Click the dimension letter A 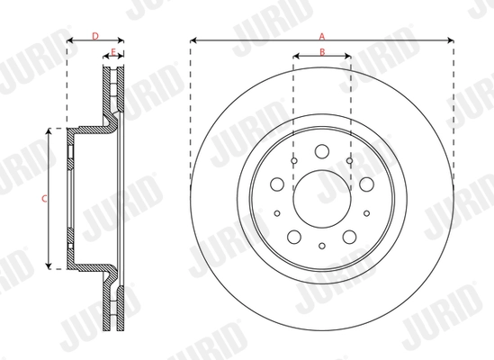pos(321,35)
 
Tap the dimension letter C pos(45,198)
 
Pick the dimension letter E pos(112,52)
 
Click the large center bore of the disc pos(321,191)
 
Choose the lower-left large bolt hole pos(293,237)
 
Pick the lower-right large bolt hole pos(349,237)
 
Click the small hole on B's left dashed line pos(294,161)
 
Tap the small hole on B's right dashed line pos(348,161)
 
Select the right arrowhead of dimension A pos(449,40)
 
